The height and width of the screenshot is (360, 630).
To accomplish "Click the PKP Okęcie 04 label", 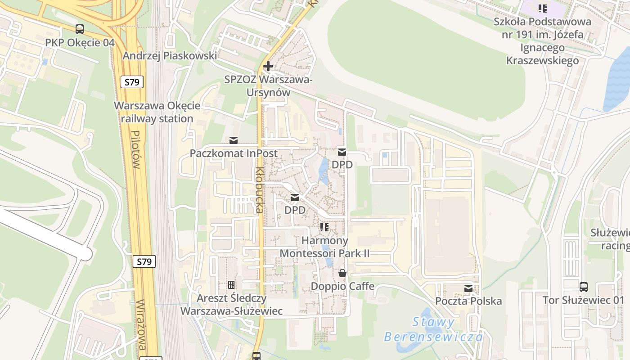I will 80,43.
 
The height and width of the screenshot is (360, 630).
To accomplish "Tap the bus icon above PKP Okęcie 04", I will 80,29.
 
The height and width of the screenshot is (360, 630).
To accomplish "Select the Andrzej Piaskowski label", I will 170,56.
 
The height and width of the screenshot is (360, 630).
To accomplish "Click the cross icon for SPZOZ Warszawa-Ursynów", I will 268,67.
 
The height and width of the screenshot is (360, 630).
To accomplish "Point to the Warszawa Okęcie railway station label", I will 157,112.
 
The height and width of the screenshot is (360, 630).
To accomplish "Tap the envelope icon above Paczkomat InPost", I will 234,140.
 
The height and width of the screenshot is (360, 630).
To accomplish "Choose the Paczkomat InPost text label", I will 234,153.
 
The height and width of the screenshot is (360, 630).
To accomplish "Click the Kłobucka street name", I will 259,189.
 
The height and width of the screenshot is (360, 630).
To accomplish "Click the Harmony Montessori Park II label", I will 324,247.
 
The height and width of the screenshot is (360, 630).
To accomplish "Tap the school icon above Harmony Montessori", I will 324,227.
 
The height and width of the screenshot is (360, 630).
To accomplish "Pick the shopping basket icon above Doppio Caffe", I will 342,273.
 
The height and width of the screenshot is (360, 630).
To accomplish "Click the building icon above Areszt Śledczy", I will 231,285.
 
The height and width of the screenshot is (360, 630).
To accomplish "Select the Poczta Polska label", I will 468,301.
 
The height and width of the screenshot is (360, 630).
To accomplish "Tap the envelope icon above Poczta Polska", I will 468,288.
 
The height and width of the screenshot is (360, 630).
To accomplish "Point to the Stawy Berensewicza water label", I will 433,329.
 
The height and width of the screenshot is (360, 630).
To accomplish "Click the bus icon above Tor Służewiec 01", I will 583,287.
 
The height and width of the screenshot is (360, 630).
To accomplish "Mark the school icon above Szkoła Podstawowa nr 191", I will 543,8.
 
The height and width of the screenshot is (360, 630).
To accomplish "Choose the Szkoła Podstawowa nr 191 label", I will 543,41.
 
